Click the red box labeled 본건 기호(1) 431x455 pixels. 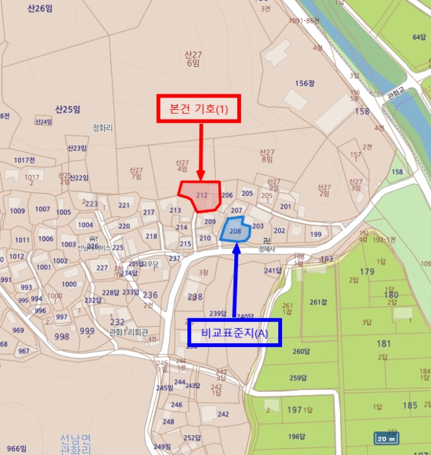click(x=200, y=109)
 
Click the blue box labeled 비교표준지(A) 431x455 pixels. click(x=235, y=332)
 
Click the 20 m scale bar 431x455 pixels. click(x=387, y=438)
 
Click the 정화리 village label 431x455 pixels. click(x=103, y=128)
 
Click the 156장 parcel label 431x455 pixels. click(x=305, y=83)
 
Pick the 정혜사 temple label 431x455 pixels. click(x=267, y=248)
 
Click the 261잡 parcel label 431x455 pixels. click(x=317, y=302)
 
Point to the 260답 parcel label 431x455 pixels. click(x=300, y=352)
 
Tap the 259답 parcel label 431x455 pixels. click(x=297, y=378)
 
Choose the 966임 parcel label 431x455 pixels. click(x=16, y=448)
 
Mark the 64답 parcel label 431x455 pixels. click(x=419, y=37)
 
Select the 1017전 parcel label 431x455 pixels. click(x=24, y=160)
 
